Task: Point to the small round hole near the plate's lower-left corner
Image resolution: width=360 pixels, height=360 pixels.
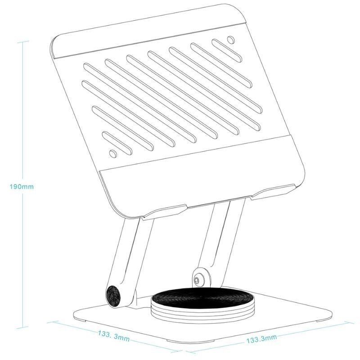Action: coord(112,154)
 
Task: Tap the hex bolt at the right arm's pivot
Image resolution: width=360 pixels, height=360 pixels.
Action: coord(198,280)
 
